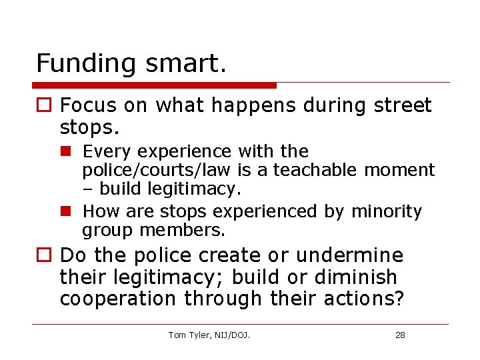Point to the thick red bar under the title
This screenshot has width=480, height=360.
point(155,85)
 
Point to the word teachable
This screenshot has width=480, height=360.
point(316,170)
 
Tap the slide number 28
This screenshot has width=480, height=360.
point(400,335)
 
